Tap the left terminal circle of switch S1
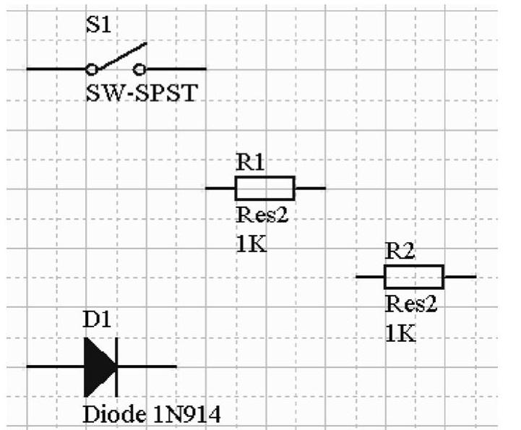click(x=91, y=69)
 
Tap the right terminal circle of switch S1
click(x=140, y=69)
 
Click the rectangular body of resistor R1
click(x=264, y=188)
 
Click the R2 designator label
click(x=400, y=251)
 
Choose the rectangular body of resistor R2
click(x=413, y=277)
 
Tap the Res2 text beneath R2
click(x=411, y=304)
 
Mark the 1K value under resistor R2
click(x=400, y=333)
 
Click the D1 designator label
click(x=98, y=320)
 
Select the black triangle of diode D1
click(x=99, y=366)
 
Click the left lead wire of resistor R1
click(x=220, y=188)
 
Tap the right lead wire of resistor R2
click(x=460, y=277)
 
